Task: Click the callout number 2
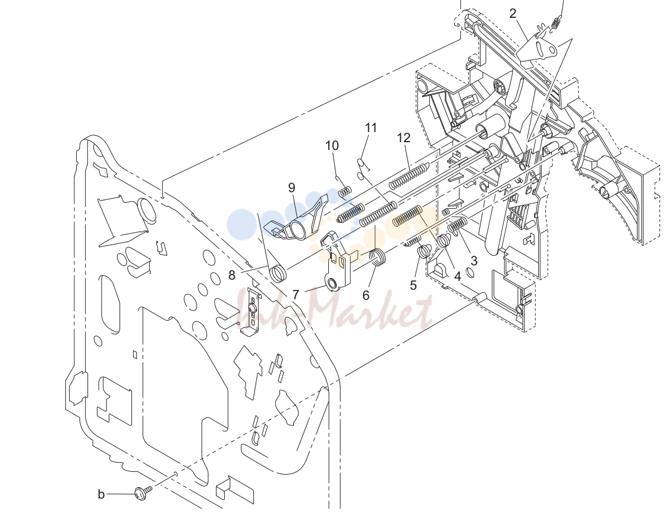(513, 14)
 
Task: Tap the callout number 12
(404, 137)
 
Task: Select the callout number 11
(371, 128)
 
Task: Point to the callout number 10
(332, 146)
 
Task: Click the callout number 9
(292, 187)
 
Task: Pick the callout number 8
(232, 275)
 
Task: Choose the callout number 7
(296, 295)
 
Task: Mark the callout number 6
(366, 295)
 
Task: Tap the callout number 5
(413, 285)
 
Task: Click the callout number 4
(457, 277)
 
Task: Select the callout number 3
(473, 261)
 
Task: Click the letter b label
(101, 494)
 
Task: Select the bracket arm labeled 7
(337, 262)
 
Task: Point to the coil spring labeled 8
(278, 273)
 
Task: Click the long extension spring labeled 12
(409, 176)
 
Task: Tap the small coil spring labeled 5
(423, 251)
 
